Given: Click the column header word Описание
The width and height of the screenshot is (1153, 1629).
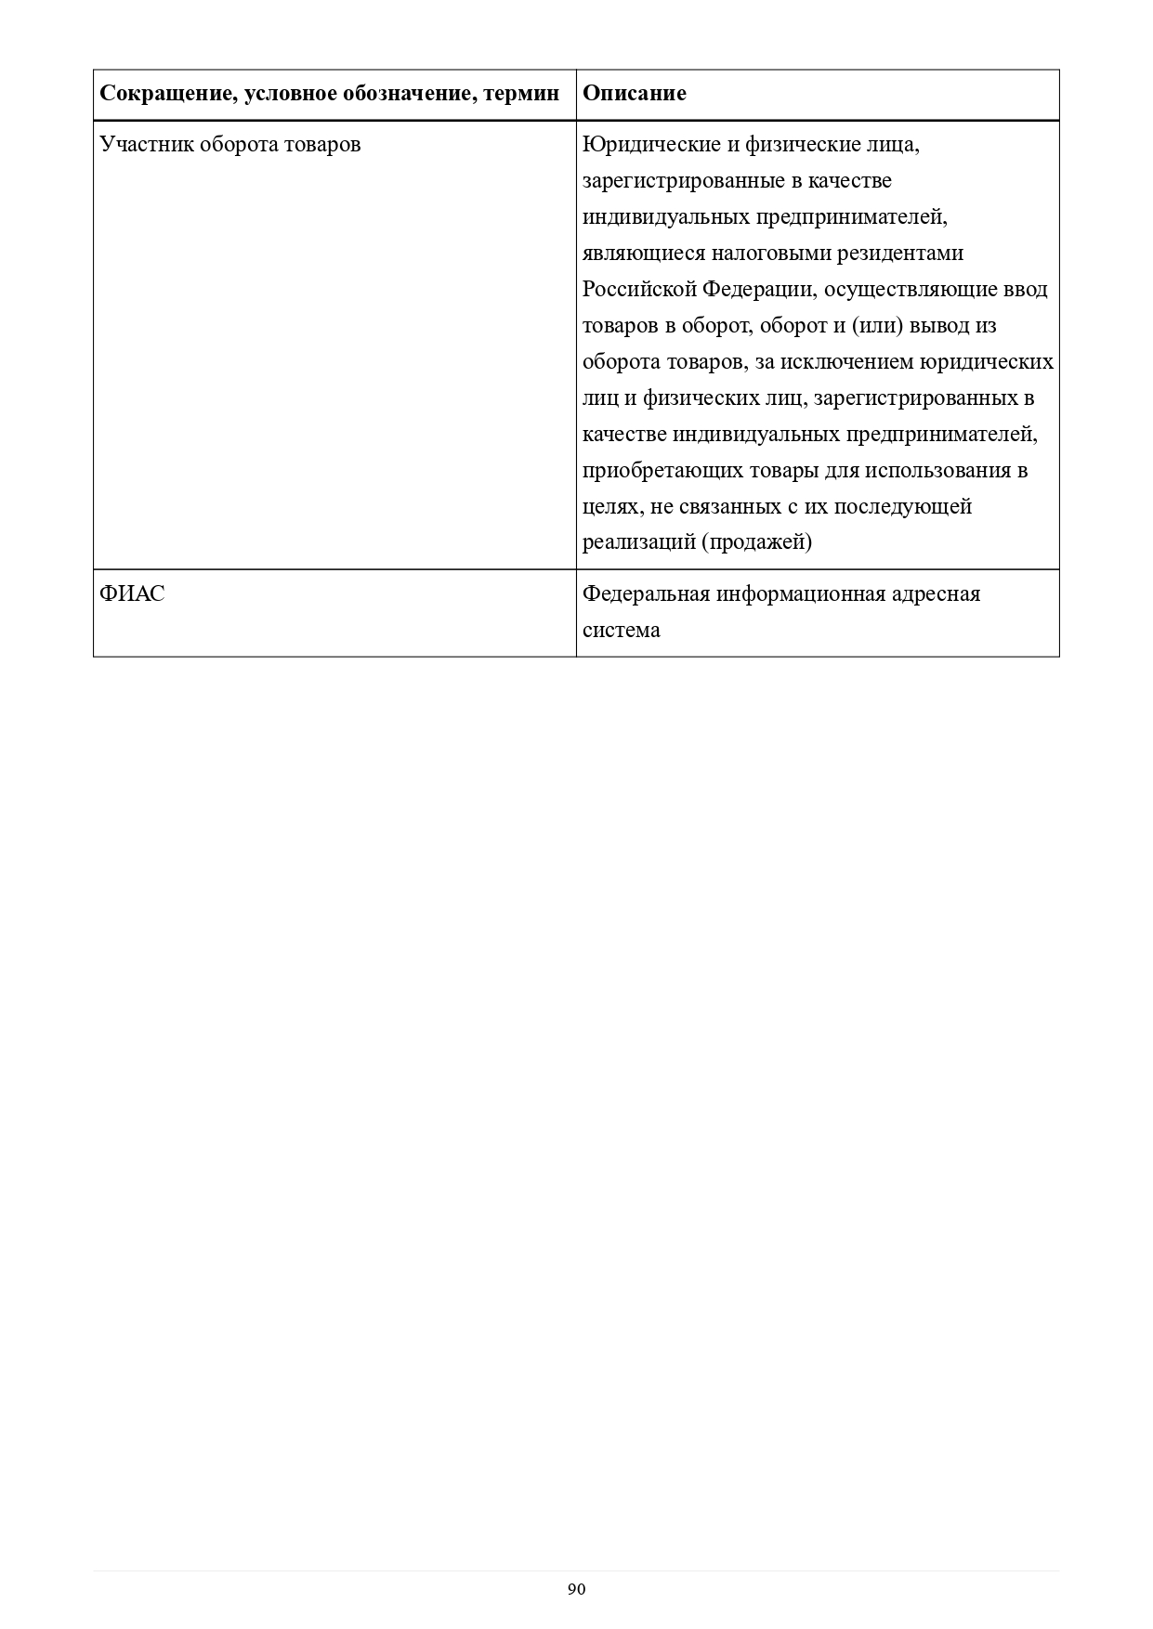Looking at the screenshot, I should pos(635,94).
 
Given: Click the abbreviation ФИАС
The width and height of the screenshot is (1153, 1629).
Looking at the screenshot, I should pos(132,593).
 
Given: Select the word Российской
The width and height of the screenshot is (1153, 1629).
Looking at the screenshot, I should pos(639,290).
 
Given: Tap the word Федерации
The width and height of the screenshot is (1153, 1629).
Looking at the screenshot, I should pos(756,290).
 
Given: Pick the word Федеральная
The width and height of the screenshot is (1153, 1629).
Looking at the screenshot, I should pos(645,593).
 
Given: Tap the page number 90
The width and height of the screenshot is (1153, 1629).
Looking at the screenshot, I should pos(576,1589).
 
